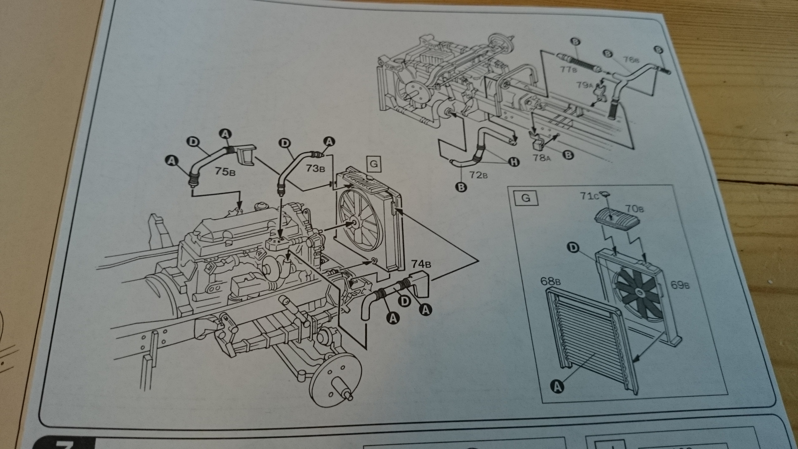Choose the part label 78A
point(542,158)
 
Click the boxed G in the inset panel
point(526,198)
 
